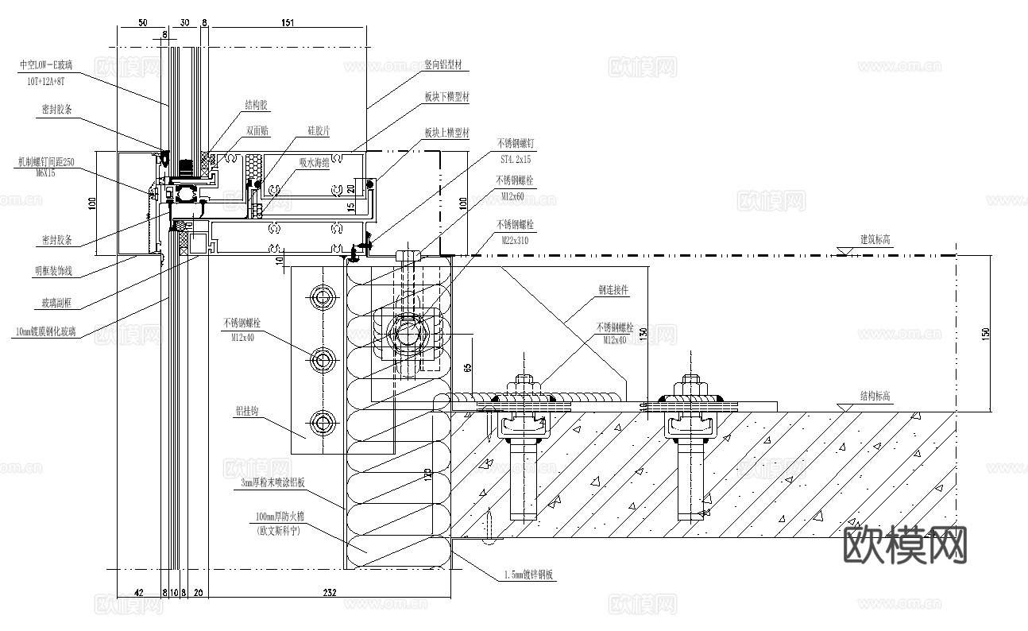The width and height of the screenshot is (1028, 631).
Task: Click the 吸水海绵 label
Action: coord(314,161)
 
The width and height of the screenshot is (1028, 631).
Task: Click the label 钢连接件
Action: coord(613,291)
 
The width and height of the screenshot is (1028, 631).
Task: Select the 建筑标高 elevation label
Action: coord(875,239)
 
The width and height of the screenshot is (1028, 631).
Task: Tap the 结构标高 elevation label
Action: coord(875,396)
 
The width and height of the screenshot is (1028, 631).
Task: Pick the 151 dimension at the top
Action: coord(288,23)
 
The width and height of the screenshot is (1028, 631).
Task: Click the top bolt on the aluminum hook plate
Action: coord(323,297)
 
